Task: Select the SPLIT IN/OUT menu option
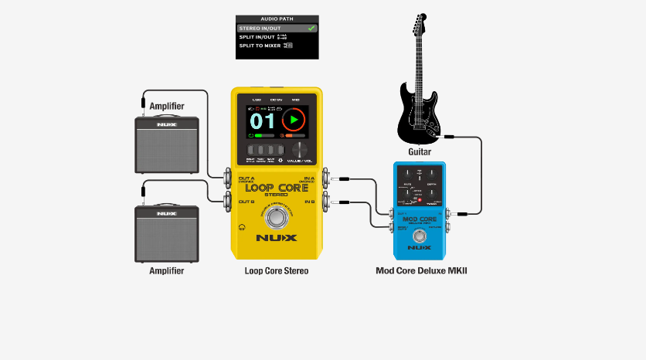(x=260, y=37)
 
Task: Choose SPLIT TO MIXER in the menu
(x=261, y=46)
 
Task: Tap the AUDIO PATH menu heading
(x=277, y=19)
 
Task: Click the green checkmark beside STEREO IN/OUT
(x=311, y=28)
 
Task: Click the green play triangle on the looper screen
(x=294, y=121)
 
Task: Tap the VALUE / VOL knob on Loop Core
(x=297, y=150)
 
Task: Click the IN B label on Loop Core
(x=310, y=202)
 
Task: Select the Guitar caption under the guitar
(x=420, y=152)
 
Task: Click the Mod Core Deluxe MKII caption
(x=421, y=271)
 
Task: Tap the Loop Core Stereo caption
(x=276, y=271)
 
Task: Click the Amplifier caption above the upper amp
(x=167, y=106)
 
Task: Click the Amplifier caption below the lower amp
(x=167, y=271)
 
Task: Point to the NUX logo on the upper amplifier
(x=166, y=124)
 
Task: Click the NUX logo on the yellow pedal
(x=277, y=238)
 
